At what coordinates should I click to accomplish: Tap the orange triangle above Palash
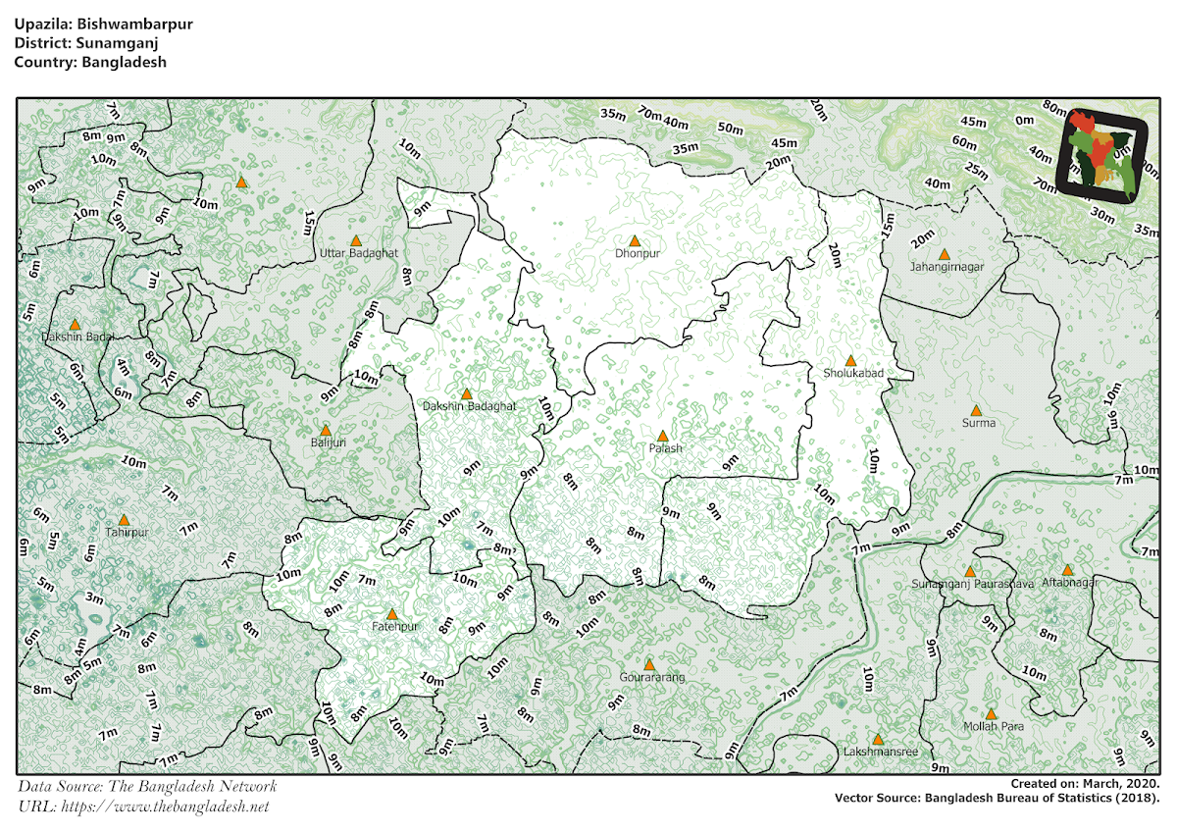[x=662, y=436]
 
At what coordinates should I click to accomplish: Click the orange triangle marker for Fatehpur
[x=391, y=614]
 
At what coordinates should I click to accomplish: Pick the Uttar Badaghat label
[x=359, y=253]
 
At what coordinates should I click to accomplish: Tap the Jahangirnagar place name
[x=947, y=266]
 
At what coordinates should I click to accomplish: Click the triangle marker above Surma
[x=976, y=410]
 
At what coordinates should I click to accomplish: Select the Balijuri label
[x=328, y=442]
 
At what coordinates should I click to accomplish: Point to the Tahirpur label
[x=127, y=533]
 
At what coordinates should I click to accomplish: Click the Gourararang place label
[x=651, y=678]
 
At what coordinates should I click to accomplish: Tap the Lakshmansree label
[x=881, y=753]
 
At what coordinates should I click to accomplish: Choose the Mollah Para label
[x=993, y=727]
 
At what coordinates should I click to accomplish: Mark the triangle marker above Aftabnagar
[x=1067, y=569]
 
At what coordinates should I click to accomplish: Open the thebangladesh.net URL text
[x=143, y=806]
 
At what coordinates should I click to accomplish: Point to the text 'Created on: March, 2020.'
[x=1086, y=784]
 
